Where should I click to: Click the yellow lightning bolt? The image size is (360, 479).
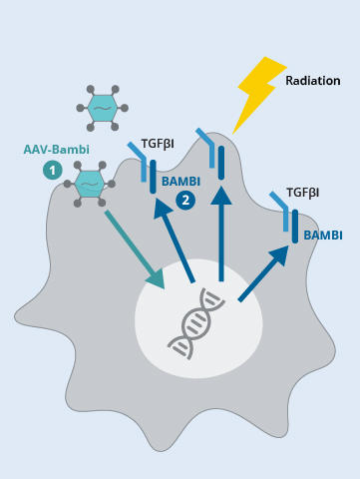coord(257,92)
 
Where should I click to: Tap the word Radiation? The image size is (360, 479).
coord(312,80)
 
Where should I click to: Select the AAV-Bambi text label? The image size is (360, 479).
coord(56,150)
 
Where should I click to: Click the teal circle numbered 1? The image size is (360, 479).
coord(51,171)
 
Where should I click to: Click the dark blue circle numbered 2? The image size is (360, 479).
coord(185,201)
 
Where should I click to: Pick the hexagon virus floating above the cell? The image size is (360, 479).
coord(102,106)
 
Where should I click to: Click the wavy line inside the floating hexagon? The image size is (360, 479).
coord(102,107)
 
